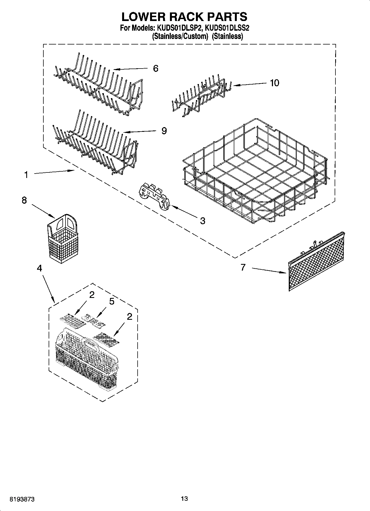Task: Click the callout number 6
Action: pos(156,69)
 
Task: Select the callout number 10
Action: pos(274,83)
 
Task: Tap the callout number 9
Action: pos(164,130)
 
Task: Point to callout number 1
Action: pos(26,175)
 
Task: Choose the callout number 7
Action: pos(243,267)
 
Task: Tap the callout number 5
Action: pos(112,301)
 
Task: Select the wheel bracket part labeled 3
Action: pos(155,196)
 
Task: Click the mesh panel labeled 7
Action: pos(316,261)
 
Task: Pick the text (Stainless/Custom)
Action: pos(180,36)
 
